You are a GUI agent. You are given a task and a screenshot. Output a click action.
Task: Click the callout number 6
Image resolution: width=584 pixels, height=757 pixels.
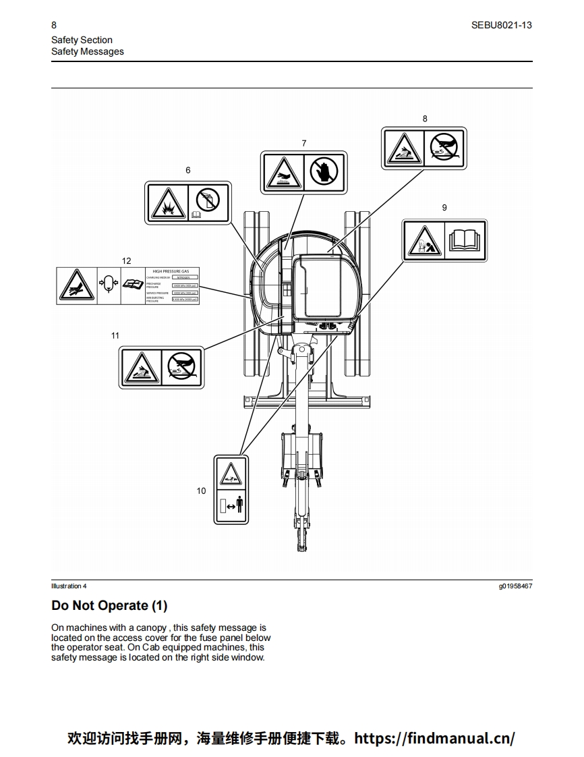[x=188, y=170]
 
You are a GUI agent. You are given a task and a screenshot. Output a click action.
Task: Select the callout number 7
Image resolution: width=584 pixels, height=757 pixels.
[x=304, y=143]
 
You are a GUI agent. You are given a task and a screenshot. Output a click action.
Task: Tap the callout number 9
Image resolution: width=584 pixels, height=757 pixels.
[x=444, y=207]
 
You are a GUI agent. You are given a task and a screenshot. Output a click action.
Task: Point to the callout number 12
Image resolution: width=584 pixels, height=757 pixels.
[x=127, y=260]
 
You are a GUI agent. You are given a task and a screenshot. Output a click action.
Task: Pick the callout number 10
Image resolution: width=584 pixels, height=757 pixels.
[x=201, y=490]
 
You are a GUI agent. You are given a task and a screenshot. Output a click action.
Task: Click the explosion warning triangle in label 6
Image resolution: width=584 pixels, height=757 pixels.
[x=167, y=202]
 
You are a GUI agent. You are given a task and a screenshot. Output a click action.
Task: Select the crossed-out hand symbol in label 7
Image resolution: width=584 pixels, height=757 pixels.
[x=324, y=172]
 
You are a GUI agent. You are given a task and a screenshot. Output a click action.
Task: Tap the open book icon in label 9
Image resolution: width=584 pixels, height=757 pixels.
[x=465, y=241]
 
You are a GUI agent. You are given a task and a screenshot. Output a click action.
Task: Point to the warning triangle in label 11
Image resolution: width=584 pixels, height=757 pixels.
[x=141, y=367]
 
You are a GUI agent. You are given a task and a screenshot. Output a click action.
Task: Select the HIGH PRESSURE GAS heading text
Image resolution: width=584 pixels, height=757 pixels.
[x=171, y=271]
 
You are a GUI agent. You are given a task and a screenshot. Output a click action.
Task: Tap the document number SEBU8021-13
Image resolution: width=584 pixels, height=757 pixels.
[x=502, y=25]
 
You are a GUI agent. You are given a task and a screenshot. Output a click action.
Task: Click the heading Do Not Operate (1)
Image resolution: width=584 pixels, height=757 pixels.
[x=109, y=605]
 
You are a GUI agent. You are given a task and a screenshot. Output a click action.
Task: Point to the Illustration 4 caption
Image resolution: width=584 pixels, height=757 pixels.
[x=69, y=586]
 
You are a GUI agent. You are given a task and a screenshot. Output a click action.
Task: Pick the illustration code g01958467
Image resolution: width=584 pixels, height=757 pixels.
[x=515, y=586]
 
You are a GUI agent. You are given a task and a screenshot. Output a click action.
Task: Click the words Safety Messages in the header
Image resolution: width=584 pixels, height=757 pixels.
[x=88, y=51]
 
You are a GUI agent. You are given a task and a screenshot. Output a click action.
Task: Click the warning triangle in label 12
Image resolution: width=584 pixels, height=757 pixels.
[x=76, y=286]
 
